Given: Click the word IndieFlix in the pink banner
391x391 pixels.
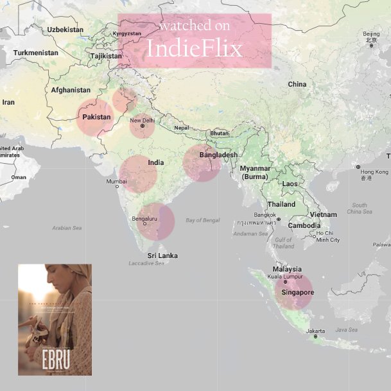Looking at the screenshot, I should pyautogui.click(x=195, y=49).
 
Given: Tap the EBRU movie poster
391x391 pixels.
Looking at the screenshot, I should pyautogui.click(x=55, y=319).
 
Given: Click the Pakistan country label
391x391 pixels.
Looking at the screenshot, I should pyautogui.click(x=96, y=117).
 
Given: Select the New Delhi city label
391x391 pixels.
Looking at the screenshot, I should pyautogui.click(x=143, y=120).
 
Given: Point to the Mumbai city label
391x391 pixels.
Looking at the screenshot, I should pyautogui.click(x=117, y=182).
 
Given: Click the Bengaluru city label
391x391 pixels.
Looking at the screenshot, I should pyautogui.click(x=144, y=219).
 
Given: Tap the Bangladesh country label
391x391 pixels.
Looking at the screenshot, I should pyautogui.click(x=218, y=155).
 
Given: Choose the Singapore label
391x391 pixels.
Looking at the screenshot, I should pyautogui.click(x=297, y=293).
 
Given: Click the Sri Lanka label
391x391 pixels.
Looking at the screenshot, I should pyautogui.click(x=162, y=256).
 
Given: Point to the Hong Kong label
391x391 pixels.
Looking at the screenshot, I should pyautogui.click(x=374, y=172).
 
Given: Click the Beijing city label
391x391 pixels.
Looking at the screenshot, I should pyautogui.click(x=371, y=34).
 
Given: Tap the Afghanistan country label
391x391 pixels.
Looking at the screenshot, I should pyautogui.click(x=71, y=90).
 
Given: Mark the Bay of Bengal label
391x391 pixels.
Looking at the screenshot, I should pyautogui.click(x=202, y=220).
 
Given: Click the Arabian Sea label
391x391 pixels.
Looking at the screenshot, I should pyautogui.click(x=67, y=228).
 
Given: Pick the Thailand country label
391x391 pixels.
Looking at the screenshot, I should pyautogui.click(x=281, y=204).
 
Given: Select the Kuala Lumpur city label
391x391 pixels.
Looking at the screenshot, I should pyautogui.click(x=287, y=276).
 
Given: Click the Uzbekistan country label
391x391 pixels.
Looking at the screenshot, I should pyautogui.click(x=65, y=30).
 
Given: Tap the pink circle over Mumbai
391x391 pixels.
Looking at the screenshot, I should pyautogui.click(x=138, y=173).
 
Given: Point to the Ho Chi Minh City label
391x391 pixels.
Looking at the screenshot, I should pyautogui.click(x=327, y=236).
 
